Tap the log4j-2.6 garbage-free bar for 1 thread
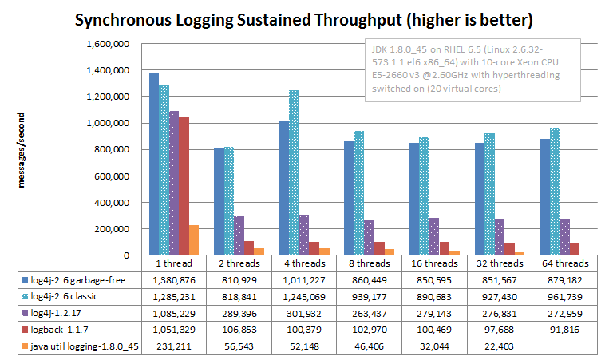pyautogui.click(x=153, y=164)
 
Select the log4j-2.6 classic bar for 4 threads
pyautogui.click(x=295, y=172)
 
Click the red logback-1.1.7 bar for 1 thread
pyautogui.click(x=183, y=186)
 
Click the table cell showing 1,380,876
pyautogui.click(x=174, y=279)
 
